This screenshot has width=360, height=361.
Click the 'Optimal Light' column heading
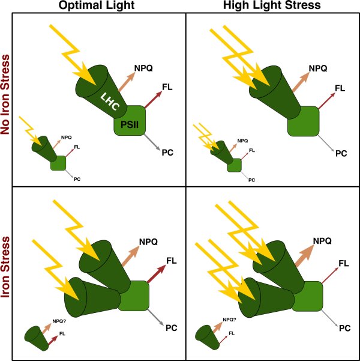tap(97, 5)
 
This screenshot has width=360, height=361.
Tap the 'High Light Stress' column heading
tap(272, 5)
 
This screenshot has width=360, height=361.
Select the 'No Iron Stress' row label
tap(5, 94)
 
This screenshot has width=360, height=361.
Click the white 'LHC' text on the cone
tap(110, 102)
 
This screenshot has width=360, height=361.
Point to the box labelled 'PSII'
tap(130, 120)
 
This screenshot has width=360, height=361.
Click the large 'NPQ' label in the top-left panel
tap(143, 68)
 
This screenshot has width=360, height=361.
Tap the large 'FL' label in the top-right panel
tap(340, 88)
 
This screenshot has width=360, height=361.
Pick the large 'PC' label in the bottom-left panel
tap(172, 328)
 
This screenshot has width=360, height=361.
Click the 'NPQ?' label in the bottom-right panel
tap(230, 320)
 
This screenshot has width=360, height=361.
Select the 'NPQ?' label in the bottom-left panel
tap(59, 321)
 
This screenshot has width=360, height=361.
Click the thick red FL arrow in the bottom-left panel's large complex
tap(157, 274)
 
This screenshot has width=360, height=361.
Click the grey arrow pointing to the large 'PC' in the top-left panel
tap(152, 142)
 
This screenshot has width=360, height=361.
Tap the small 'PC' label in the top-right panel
tap(251, 180)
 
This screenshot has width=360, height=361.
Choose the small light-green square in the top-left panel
tap(58, 163)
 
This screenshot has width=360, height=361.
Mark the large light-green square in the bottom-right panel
tap(308, 296)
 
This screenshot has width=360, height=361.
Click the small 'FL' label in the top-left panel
tap(77, 147)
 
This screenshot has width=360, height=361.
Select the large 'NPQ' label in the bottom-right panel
tap(322, 241)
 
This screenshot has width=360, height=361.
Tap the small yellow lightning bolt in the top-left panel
tap(31, 131)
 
